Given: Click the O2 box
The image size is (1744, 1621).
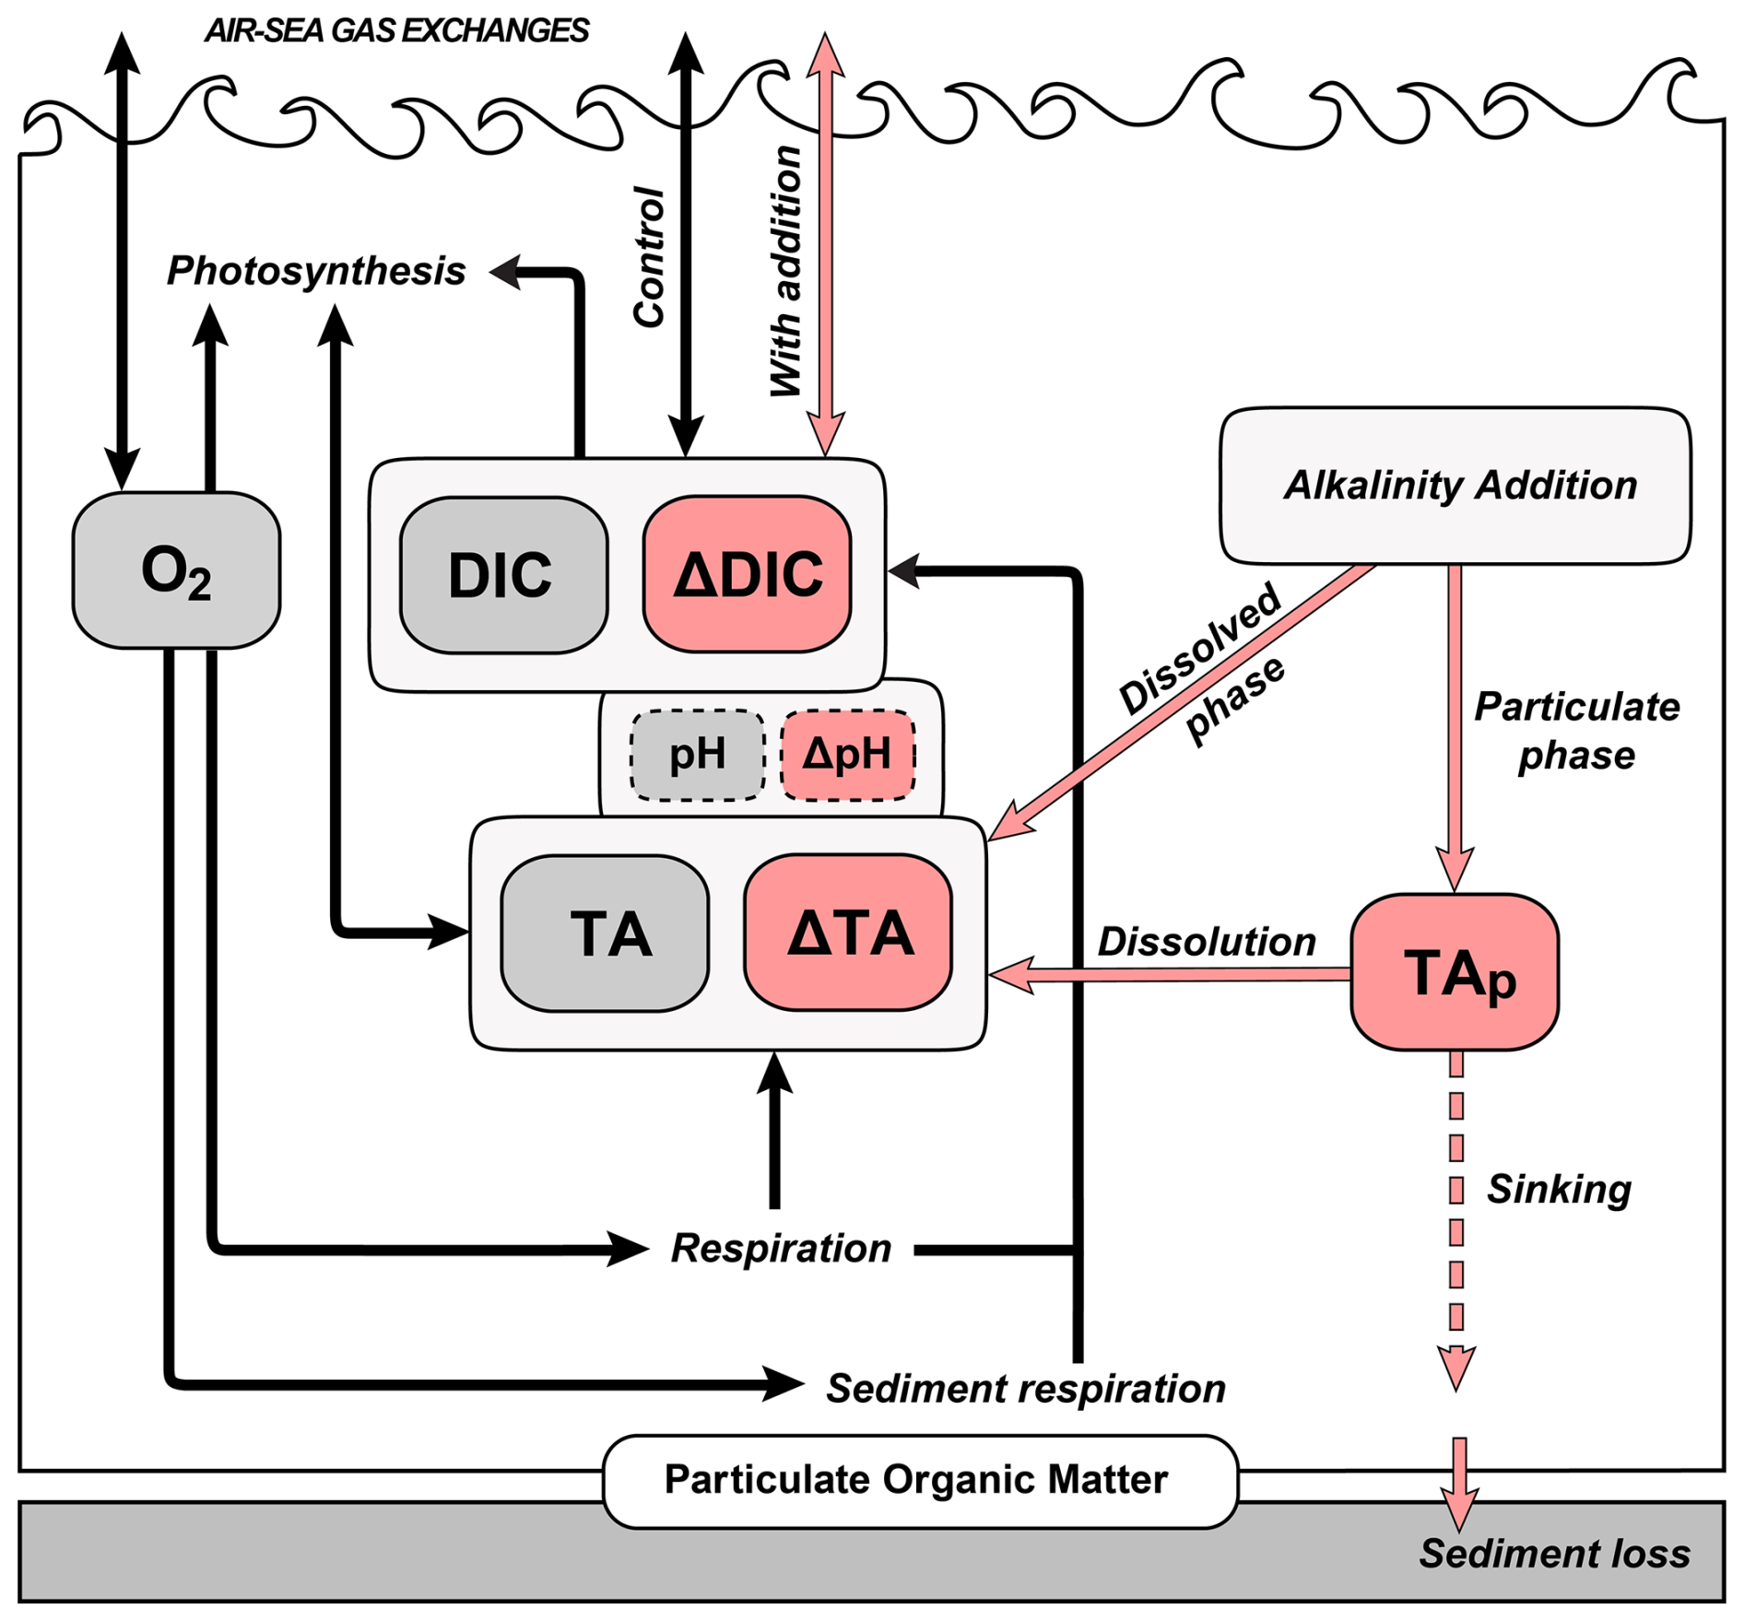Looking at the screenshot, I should (x=176, y=570).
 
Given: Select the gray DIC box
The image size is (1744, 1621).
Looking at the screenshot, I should (x=503, y=575).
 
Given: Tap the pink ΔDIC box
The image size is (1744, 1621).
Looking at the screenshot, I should (x=747, y=574).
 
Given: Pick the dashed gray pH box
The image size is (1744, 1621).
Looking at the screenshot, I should (x=697, y=755).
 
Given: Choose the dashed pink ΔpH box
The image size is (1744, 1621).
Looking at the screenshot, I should (x=847, y=755).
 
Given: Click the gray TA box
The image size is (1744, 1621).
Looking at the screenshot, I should (x=605, y=934).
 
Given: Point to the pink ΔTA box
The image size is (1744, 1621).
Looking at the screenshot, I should (x=848, y=933).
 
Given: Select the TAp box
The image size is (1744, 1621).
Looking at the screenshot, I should (x=1455, y=972).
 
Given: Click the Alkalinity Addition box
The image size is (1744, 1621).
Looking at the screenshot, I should (x=1455, y=486).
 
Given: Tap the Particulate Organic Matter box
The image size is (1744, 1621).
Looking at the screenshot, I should (x=920, y=1480).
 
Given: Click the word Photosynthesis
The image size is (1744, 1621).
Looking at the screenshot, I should (x=316, y=271).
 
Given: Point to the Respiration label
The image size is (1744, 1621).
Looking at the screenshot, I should (x=781, y=1249).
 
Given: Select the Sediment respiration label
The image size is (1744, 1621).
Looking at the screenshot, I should (x=1025, y=1388).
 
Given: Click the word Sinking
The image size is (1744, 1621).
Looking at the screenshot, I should (x=1558, y=1189).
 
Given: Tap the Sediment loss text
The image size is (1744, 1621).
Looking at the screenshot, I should (x=1554, y=1553).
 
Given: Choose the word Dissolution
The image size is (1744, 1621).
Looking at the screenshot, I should (x=1206, y=942).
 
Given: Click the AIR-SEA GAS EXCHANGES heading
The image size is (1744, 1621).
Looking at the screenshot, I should (x=396, y=31).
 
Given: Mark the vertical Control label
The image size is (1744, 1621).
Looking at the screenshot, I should (x=649, y=257).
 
